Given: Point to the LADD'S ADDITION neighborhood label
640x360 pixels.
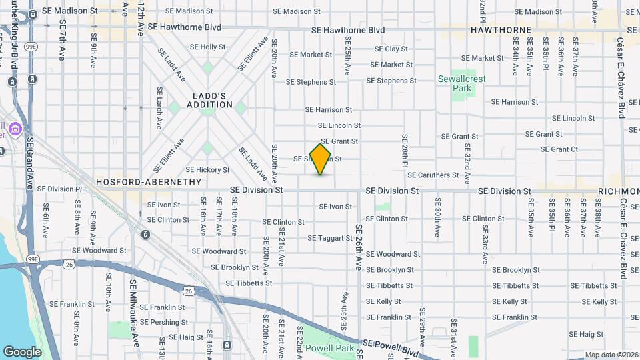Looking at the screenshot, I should click(209, 100).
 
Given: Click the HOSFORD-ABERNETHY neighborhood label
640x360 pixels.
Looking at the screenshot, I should click(148, 181).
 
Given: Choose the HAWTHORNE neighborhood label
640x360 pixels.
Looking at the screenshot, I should click(501, 30).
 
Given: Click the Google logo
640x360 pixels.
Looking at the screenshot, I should click(22, 351).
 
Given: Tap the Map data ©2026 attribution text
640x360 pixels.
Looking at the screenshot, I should click(611, 355).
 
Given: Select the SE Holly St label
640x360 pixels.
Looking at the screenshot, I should click(208, 47).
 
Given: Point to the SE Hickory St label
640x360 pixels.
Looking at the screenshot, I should click(207, 170).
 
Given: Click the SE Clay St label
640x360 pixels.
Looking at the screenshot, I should click(391, 49).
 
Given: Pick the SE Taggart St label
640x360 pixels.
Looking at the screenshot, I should click(330, 238).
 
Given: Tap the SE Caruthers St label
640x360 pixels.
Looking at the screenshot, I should click(433, 175).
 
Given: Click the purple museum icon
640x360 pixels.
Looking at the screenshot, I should click(15, 128).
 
